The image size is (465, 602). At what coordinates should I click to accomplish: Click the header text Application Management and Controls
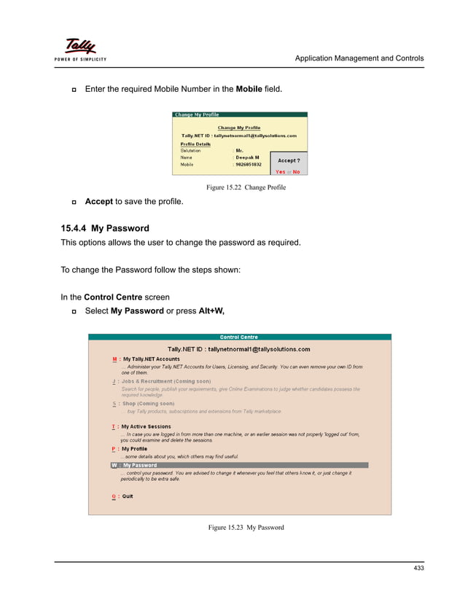pos(359,58)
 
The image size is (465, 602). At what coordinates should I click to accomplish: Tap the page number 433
pos(418,568)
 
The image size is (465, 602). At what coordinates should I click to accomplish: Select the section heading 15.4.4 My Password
pos(105,228)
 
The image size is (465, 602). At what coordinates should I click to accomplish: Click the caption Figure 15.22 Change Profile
pos(246,187)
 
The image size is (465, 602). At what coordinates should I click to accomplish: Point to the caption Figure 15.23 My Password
pos(246,527)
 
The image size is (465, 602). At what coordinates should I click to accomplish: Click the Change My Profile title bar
pos(240,114)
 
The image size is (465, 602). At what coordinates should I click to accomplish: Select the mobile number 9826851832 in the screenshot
pos(249,165)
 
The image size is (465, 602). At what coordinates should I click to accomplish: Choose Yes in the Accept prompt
pos(280,172)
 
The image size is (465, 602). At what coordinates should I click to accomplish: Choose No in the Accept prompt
pos(296,172)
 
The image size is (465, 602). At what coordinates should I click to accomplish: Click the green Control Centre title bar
pos(239,337)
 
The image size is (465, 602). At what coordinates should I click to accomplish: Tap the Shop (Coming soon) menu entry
pos(147,403)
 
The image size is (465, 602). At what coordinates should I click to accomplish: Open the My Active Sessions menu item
pos(146,426)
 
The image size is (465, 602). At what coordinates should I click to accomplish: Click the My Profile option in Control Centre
pos(134,449)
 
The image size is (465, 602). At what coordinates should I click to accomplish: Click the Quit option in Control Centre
pos(127,496)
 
